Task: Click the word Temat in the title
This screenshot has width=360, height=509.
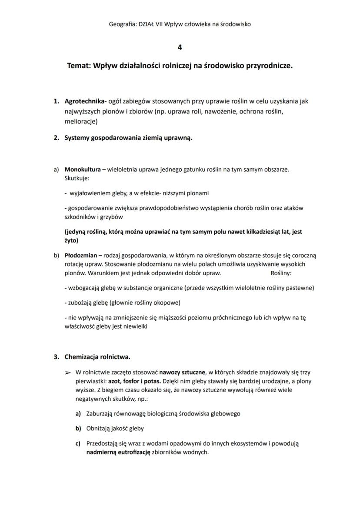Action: [79, 67]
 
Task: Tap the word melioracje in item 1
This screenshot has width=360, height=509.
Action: [80, 122]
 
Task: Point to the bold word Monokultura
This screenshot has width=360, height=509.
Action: [83, 169]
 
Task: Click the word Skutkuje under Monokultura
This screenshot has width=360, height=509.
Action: [77, 178]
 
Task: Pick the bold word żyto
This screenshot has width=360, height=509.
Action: [70, 240]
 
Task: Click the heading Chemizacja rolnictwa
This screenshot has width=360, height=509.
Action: [97, 357]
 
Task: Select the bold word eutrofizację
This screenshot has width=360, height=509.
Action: [132, 452]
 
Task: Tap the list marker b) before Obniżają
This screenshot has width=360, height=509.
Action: [78, 428]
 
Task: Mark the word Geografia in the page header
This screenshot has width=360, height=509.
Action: [122, 24]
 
